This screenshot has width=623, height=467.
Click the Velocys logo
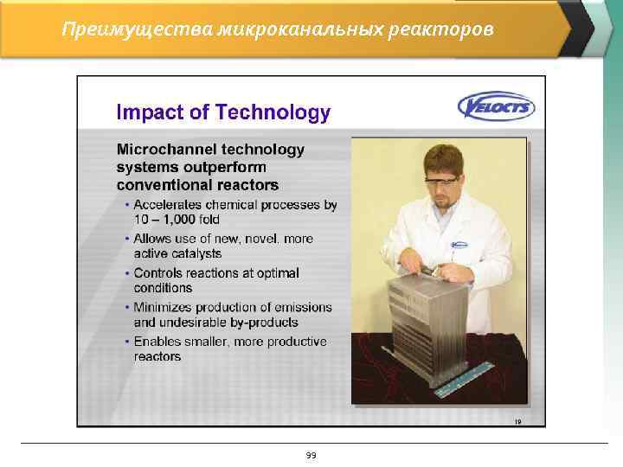(x=496, y=108)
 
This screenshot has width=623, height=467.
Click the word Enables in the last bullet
(x=158, y=342)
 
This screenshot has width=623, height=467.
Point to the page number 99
(x=311, y=455)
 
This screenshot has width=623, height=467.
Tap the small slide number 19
(x=517, y=421)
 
